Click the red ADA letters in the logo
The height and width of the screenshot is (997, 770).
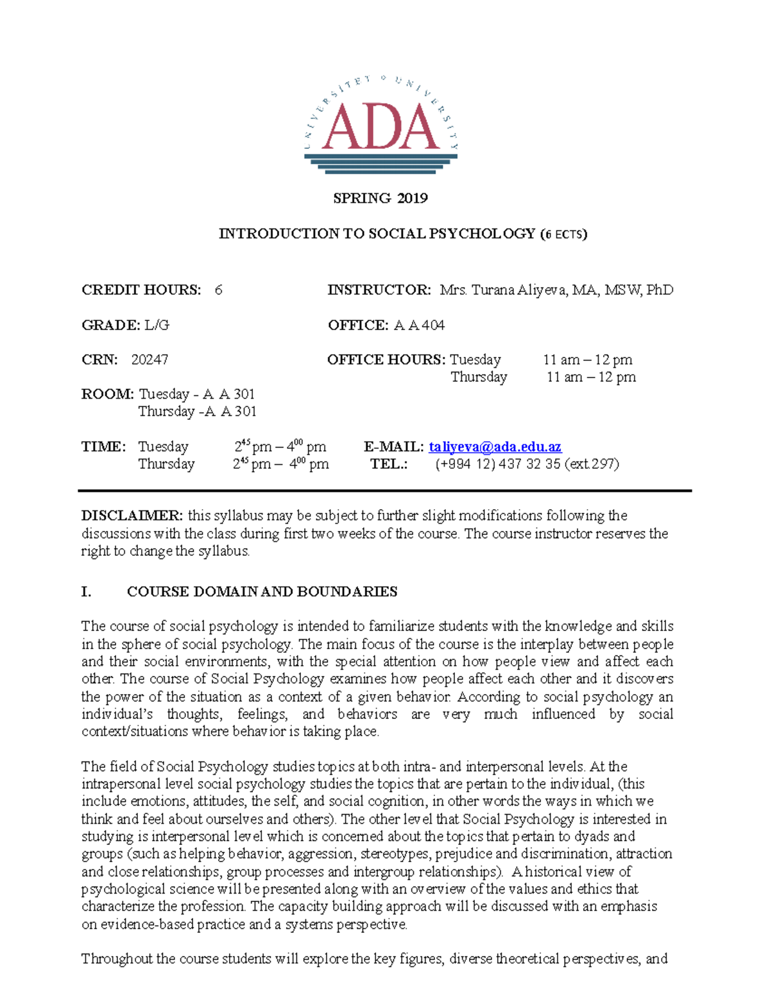tap(381, 126)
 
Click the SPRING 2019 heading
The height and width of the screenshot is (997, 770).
tap(381, 198)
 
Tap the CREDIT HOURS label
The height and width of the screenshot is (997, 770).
tap(141, 290)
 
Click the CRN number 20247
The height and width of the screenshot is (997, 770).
tap(150, 360)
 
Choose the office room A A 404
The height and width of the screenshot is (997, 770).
tap(419, 325)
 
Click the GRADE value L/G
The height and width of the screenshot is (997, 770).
tap(157, 325)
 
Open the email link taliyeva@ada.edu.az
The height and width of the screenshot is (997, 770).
tap(495, 447)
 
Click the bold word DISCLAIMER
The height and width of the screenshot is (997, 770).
tap(132, 516)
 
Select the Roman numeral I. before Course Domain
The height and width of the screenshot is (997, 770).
tap(87, 592)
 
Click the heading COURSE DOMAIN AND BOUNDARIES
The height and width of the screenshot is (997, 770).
tap(262, 592)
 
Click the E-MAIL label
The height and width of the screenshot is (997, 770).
tap(393, 447)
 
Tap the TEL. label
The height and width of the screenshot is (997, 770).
tap(389, 464)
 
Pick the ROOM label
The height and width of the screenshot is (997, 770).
tap(107, 394)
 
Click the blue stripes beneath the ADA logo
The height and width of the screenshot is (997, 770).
tap(381, 161)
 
